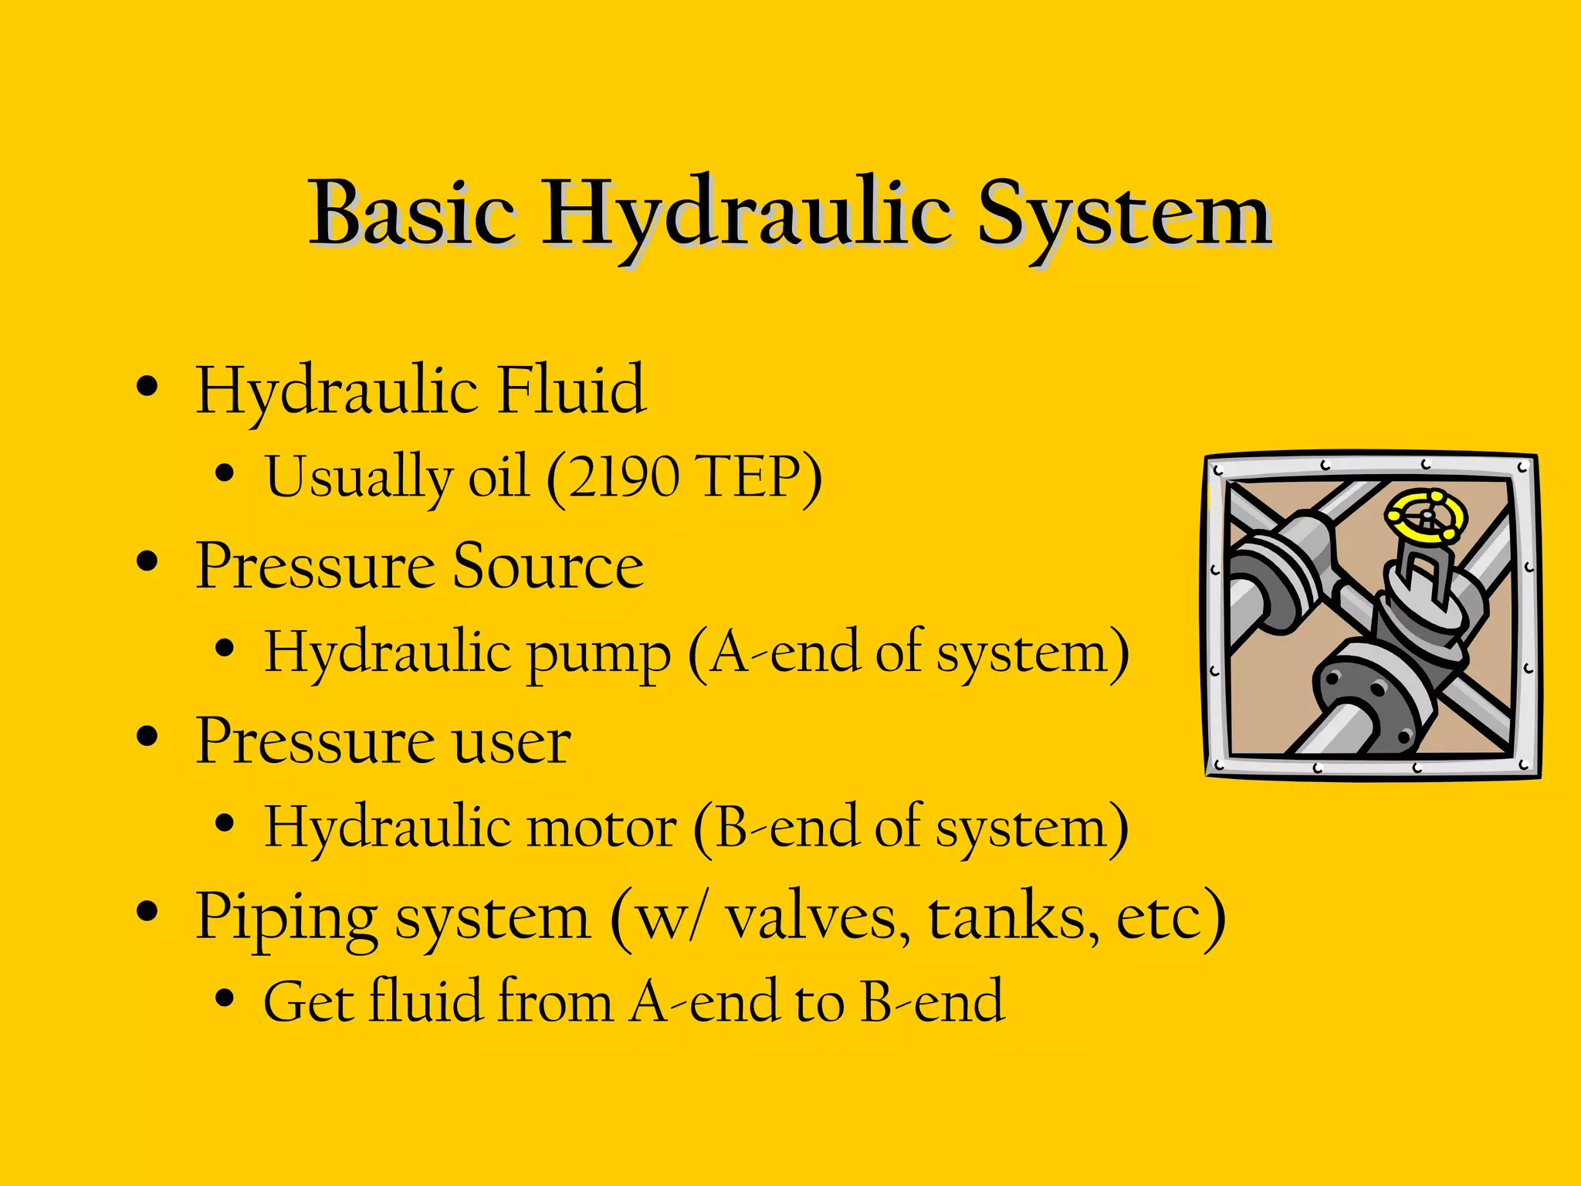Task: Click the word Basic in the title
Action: [411, 212]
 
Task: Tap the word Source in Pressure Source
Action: [547, 565]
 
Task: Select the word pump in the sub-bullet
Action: [598, 655]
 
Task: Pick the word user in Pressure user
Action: [511, 740]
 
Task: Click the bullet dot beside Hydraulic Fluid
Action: [147, 385]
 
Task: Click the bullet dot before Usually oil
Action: [225, 473]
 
